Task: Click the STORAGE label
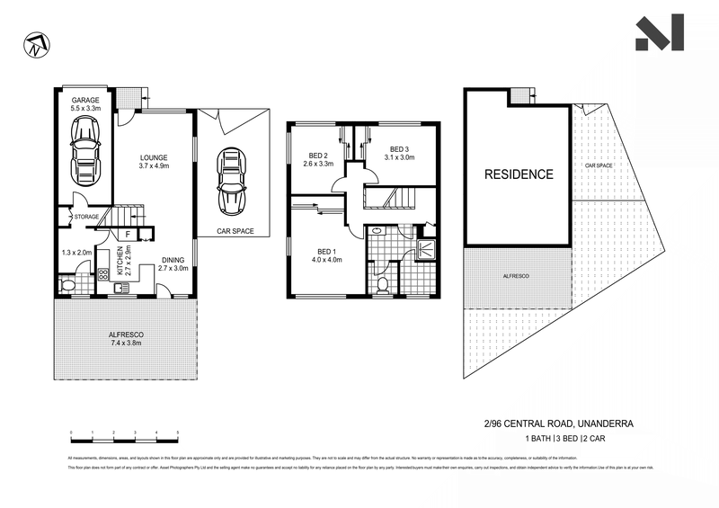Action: [x=86, y=217]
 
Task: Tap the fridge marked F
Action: [x=129, y=235]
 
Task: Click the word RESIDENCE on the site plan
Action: [x=519, y=174]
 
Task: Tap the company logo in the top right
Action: [x=660, y=33]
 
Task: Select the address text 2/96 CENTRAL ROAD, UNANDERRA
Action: [x=566, y=420]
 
